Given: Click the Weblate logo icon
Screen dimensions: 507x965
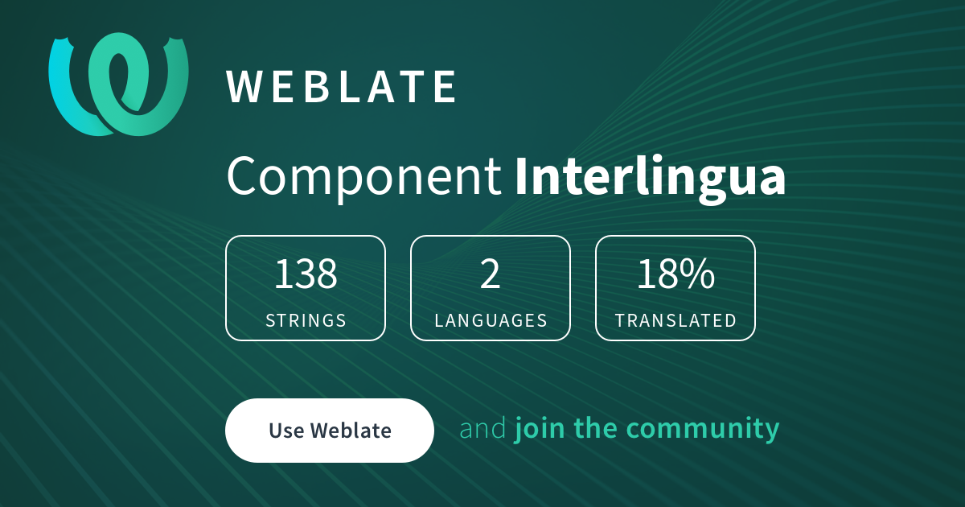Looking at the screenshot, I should tap(119, 84).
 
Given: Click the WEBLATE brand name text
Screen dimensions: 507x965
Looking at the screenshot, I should tap(342, 87).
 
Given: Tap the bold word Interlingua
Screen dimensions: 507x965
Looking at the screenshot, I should tap(650, 178).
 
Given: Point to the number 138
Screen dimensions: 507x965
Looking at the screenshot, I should tap(306, 274).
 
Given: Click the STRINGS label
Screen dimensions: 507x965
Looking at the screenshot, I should tap(306, 320).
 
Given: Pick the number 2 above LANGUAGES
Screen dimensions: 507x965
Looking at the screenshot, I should tap(491, 274).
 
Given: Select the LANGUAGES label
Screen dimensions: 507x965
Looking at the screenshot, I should tap(491, 320).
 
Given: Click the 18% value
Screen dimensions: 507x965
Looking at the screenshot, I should tap(675, 274).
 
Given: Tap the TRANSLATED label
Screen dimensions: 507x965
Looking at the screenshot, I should tap(675, 320).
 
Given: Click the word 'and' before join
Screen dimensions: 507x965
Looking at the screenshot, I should tap(482, 428).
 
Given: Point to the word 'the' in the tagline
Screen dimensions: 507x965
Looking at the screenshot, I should tap(597, 428).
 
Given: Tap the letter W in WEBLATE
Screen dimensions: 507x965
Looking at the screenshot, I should tap(244, 87).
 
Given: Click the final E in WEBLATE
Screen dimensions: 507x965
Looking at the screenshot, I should tap(446, 87).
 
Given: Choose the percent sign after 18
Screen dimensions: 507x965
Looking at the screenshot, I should tap(696, 274).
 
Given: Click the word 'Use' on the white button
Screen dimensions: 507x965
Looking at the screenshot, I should tap(286, 431).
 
